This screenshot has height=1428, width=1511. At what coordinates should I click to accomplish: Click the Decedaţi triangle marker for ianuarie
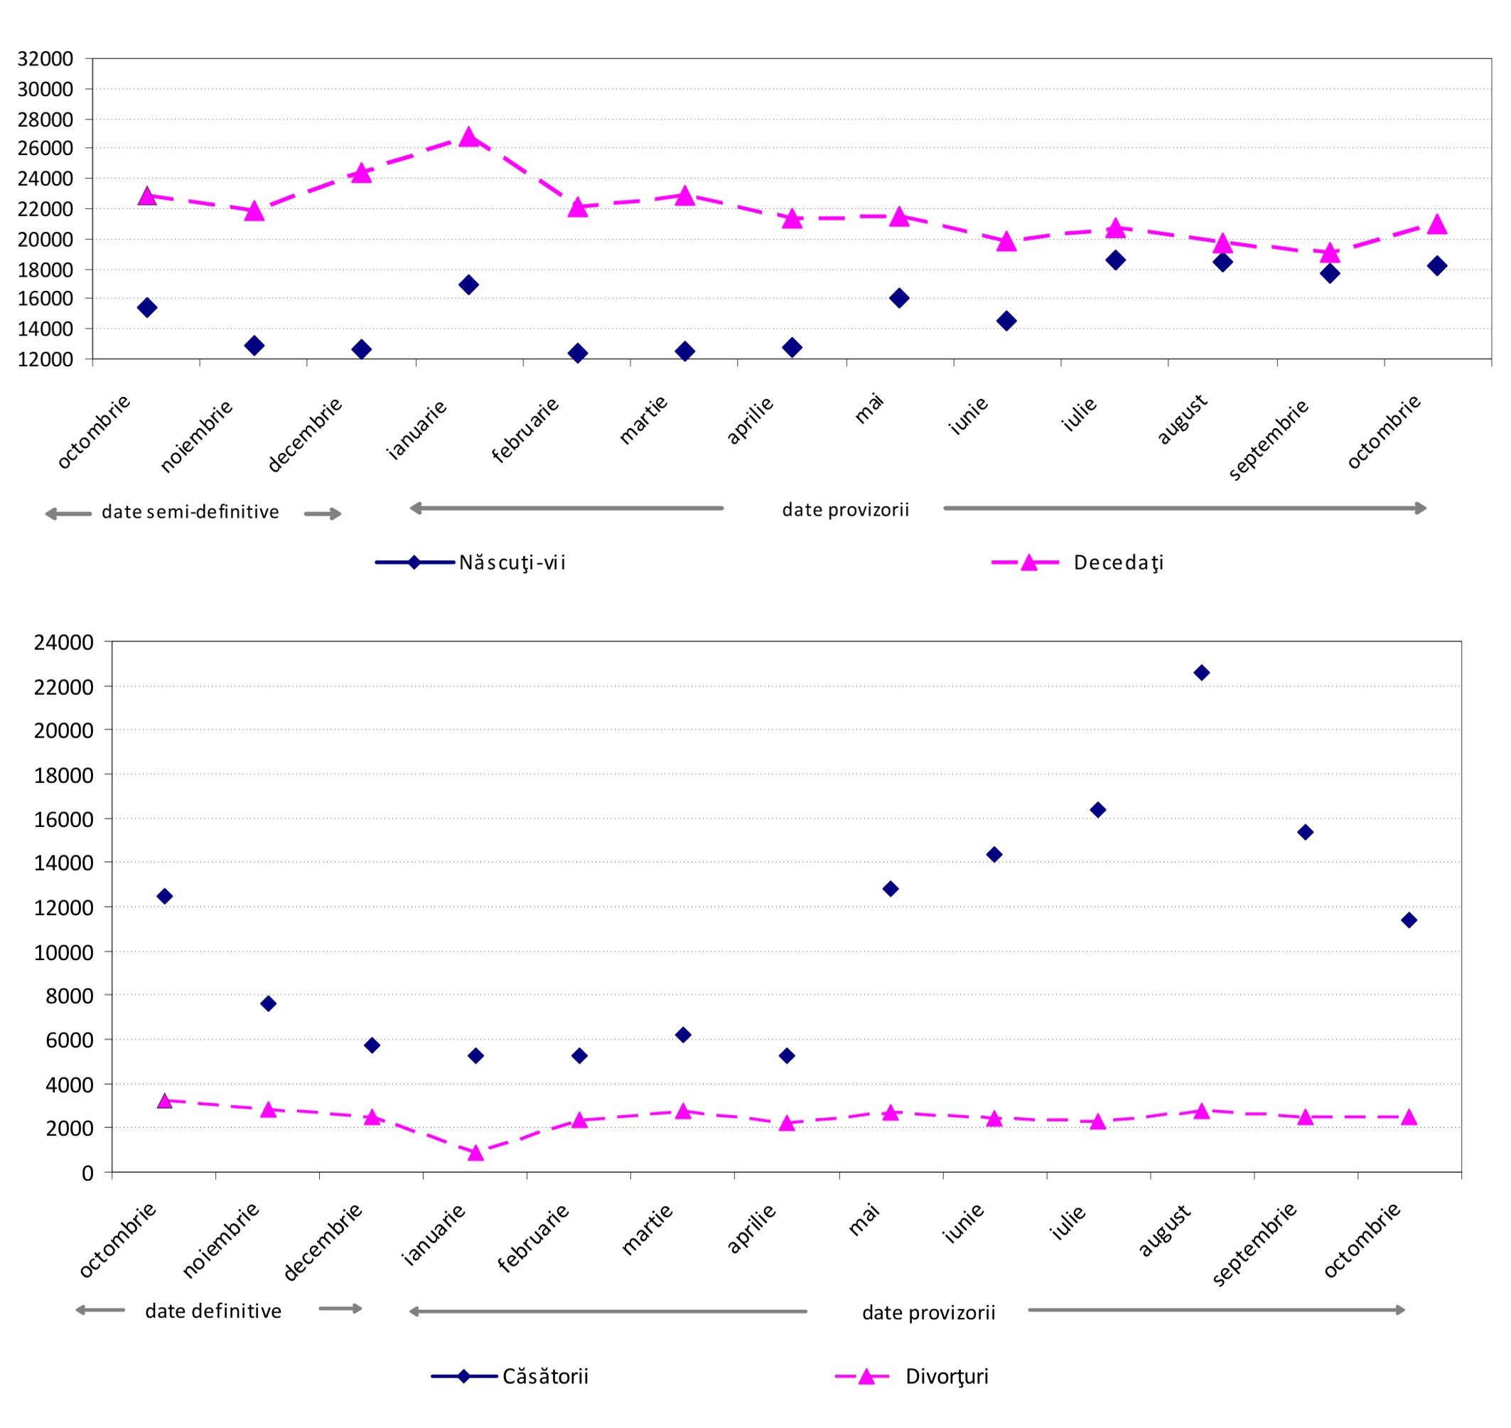(x=468, y=137)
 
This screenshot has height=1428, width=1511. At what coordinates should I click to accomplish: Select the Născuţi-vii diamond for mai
(x=898, y=298)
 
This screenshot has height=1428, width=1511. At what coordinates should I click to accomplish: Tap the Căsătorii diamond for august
(x=1201, y=672)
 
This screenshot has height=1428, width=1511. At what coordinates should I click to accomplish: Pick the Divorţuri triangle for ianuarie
(x=475, y=1153)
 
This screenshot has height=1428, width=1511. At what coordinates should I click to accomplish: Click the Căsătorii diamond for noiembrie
(x=268, y=1003)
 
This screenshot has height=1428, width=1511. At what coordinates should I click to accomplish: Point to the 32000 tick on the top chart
(x=45, y=58)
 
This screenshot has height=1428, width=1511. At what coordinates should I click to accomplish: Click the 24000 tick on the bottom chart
(x=64, y=642)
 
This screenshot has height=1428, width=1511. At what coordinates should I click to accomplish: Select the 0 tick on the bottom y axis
(x=87, y=1173)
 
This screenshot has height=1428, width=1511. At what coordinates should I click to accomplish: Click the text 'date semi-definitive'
(x=190, y=511)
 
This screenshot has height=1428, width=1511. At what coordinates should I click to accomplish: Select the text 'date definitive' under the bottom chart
(x=213, y=1311)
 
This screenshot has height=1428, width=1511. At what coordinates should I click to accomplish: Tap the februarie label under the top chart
(x=526, y=430)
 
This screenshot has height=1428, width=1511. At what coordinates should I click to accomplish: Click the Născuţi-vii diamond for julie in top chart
(x=1115, y=260)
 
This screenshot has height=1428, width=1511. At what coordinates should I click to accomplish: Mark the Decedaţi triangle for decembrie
(x=361, y=174)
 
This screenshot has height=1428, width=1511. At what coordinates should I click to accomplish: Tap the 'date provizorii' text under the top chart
(x=845, y=509)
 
